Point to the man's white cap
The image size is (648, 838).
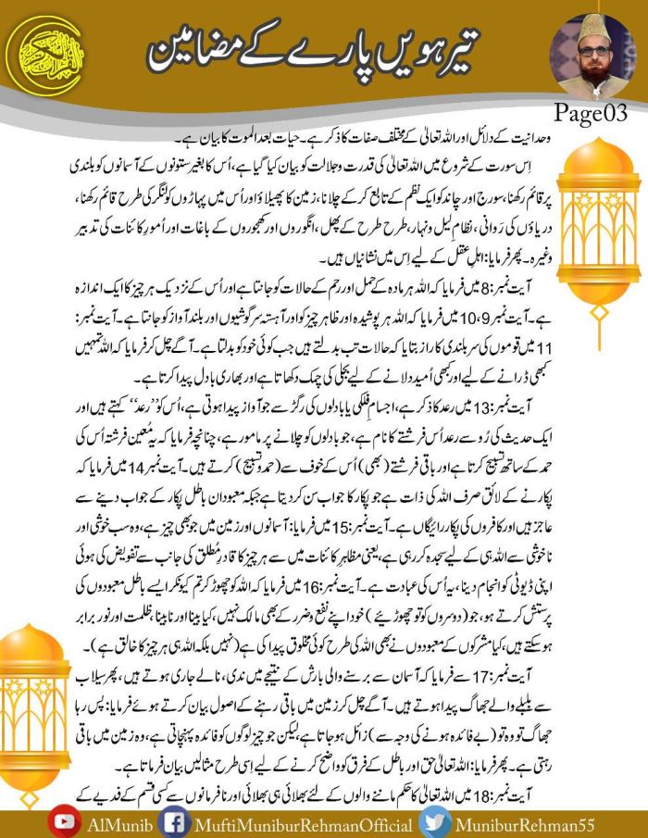click(x=592, y=27)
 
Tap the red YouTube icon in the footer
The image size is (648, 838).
click(x=64, y=823)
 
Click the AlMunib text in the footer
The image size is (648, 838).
click(x=114, y=823)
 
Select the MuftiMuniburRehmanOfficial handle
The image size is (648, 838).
click(x=292, y=823)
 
